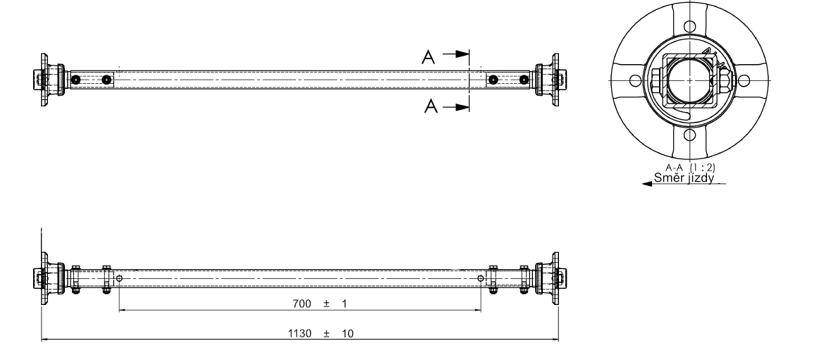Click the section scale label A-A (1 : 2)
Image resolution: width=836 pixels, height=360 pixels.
pyautogui.click(x=690, y=168)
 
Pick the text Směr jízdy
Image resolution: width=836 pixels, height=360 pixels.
pyautogui.click(x=683, y=178)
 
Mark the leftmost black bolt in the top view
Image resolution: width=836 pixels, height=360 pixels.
pyautogui.click(x=75, y=79)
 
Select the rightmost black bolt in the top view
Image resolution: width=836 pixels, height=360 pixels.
pyautogui.click(x=524, y=79)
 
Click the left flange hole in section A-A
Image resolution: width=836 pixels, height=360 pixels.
pyautogui.click(x=634, y=80)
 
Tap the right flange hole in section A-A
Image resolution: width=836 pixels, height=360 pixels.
pyautogui.click(x=744, y=80)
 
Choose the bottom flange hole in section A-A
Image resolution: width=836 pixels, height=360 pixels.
pyautogui.click(x=690, y=135)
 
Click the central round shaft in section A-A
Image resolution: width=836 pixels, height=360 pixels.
pyautogui.click(x=689, y=80)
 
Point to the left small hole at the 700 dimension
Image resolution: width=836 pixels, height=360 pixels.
pyautogui.click(x=119, y=279)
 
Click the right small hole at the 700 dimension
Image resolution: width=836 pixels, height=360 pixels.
pyautogui.click(x=481, y=279)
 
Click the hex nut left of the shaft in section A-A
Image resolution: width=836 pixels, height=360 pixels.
pyautogui.click(x=656, y=80)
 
